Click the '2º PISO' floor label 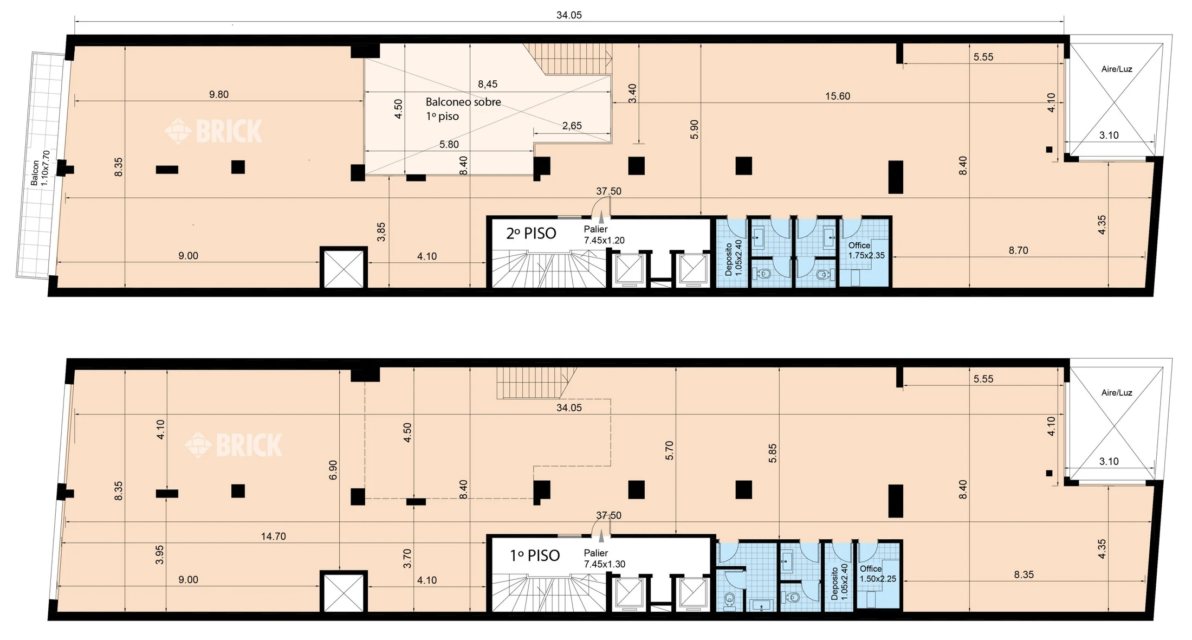[531, 234]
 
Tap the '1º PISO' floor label [535, 555]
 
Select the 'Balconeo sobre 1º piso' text [463, 109]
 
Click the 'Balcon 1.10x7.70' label [40, 169]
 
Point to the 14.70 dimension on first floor [273, 536]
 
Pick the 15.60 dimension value [838, 96]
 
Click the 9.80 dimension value [219, 95]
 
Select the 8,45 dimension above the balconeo [488, 84]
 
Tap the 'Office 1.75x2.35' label [866, 250]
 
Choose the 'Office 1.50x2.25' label [878, 574]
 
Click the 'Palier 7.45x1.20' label [604, 235]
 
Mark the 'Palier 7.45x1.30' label [604, 559]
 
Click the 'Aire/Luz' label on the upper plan [1117, 69]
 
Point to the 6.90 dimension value [333, 470]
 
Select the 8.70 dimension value [1019, 250]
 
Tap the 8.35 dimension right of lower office [1024, 574]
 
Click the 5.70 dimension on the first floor [669, 450]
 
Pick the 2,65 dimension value [572, 126]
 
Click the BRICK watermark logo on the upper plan [213, 131]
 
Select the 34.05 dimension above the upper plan [569, 15]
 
